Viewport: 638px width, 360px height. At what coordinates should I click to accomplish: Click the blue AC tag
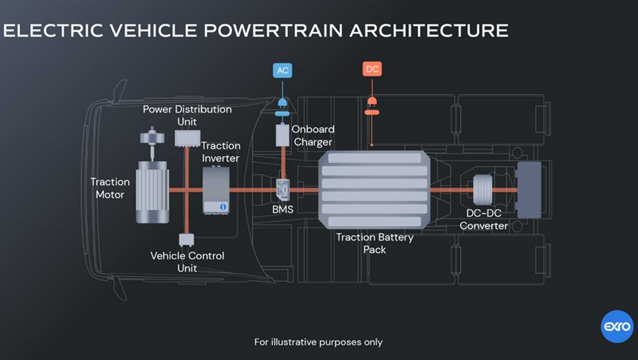282,70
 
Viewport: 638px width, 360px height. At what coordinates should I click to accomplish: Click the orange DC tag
372,69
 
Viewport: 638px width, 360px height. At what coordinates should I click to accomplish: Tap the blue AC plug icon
282,102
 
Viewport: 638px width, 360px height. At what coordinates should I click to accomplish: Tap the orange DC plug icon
372,101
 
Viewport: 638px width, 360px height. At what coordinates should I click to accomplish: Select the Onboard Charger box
282,135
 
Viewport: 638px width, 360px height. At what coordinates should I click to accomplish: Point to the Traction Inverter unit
216,189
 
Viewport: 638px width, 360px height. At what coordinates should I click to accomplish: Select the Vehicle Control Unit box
187,239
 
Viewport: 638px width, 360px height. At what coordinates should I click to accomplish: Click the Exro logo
617,326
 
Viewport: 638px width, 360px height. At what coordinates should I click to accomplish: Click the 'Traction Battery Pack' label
374,243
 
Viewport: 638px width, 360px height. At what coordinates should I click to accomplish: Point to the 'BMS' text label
282,210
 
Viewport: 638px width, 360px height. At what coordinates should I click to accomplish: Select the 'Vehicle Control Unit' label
187,262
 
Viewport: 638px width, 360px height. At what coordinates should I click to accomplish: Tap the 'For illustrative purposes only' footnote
318,342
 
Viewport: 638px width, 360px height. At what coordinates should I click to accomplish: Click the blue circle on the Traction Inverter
223,206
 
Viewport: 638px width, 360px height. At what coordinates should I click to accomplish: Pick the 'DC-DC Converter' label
483,219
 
